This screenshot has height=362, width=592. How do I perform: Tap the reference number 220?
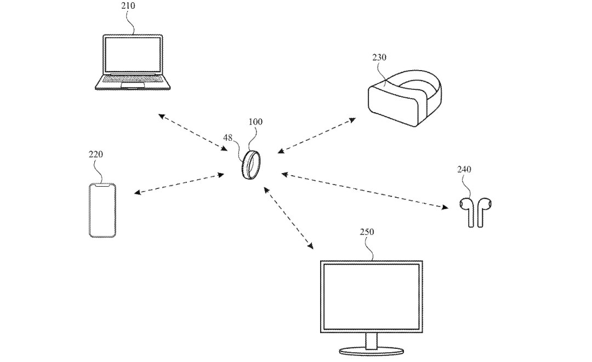pyautogui.click(x=96, y=154)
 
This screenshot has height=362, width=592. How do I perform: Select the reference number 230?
pyautogui.click(x=379, y=57)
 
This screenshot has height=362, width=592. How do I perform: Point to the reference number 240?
pyautogui.click(x=464, y=169)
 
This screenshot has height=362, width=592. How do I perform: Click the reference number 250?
pyautogui.click(x=367, y=232)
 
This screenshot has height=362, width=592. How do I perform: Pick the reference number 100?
pyautogui.click(x=255, y=122)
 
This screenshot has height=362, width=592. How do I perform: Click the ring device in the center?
pyautogui.click(x=251, y=164)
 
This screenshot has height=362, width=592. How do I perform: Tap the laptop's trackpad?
pyautogui.click(x=132, y=87)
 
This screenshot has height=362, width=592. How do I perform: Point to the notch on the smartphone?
pyautogui.click(x=103, y=186)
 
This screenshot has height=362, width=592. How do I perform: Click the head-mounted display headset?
pyautogui.click(x=404, y=99)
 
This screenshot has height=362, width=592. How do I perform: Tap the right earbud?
pyautogui.click(x=482, y=211)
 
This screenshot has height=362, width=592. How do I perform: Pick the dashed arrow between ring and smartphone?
pyautogui.click(x=179, y=183)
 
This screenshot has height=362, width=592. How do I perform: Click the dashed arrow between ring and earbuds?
pyautogui.click(x=364, y=191)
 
